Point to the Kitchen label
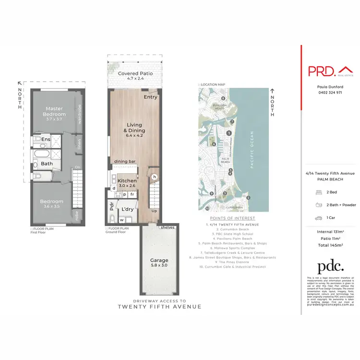coord(127,181)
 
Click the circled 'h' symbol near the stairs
coord(155,177)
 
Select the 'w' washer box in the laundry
coord(121,220)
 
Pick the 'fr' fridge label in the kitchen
coord(132,195)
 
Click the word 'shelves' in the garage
coord(168,227)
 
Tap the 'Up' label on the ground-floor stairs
coord(154,211)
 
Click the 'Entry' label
coord(150,96)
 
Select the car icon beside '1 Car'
coord(318,218)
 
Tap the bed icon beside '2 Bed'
coord(318,191)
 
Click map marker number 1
coord(229,133)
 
